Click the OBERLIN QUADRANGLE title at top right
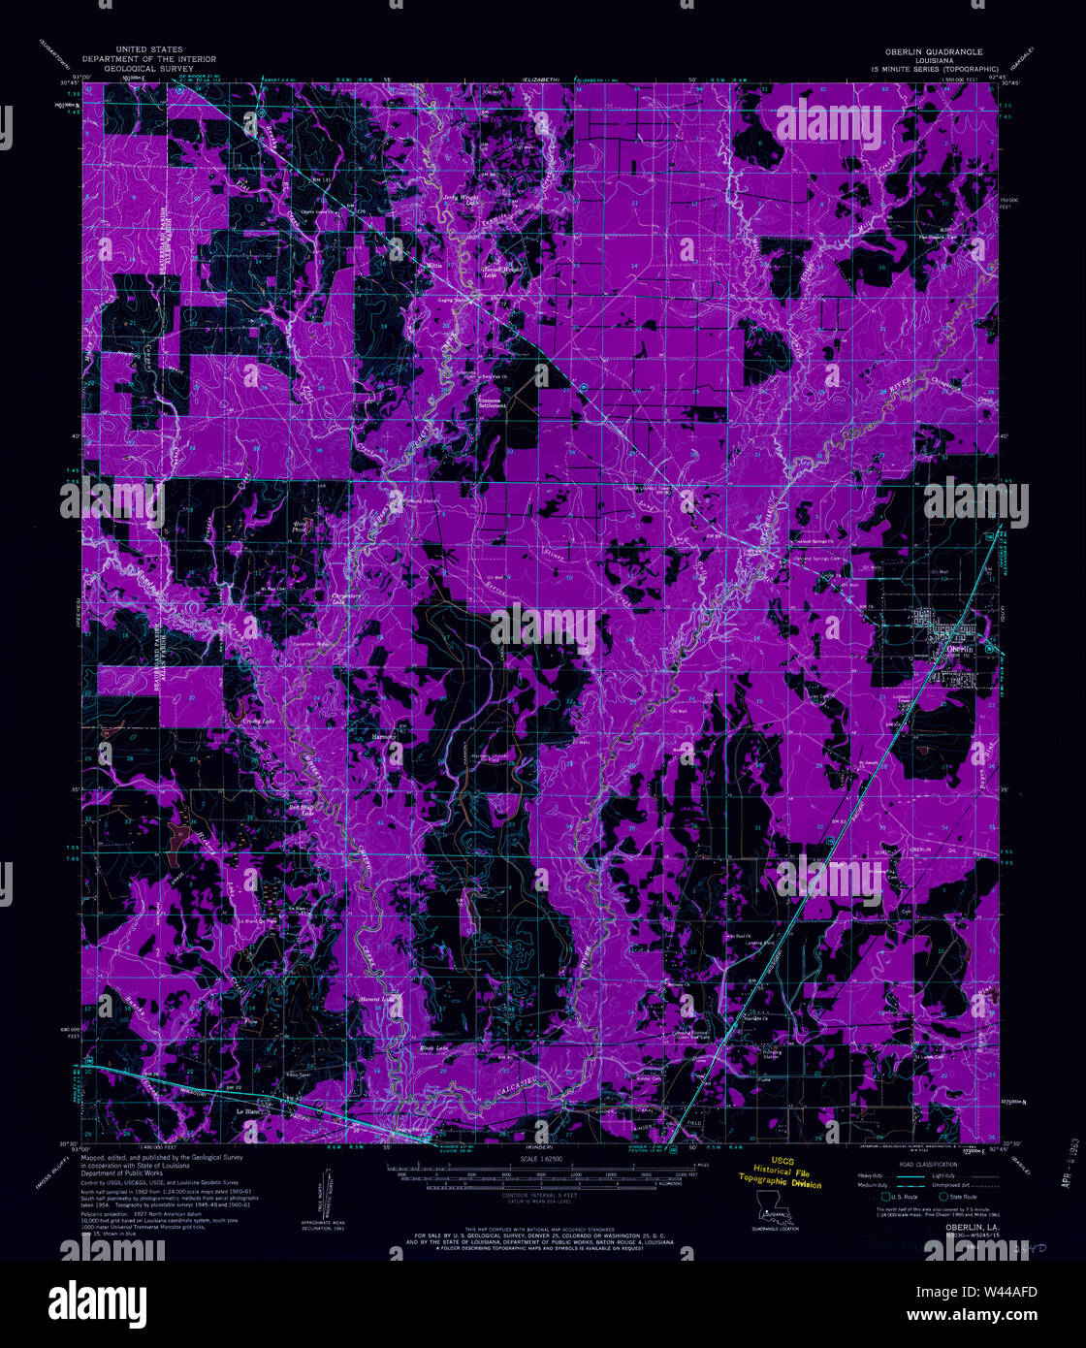click(x=932, y=51)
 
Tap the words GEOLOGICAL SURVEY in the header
click(x=148, y=70)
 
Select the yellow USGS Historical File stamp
click(x=781, y=1177)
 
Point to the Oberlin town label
click(x=961, y=648)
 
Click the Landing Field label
click(x=760, y=942)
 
